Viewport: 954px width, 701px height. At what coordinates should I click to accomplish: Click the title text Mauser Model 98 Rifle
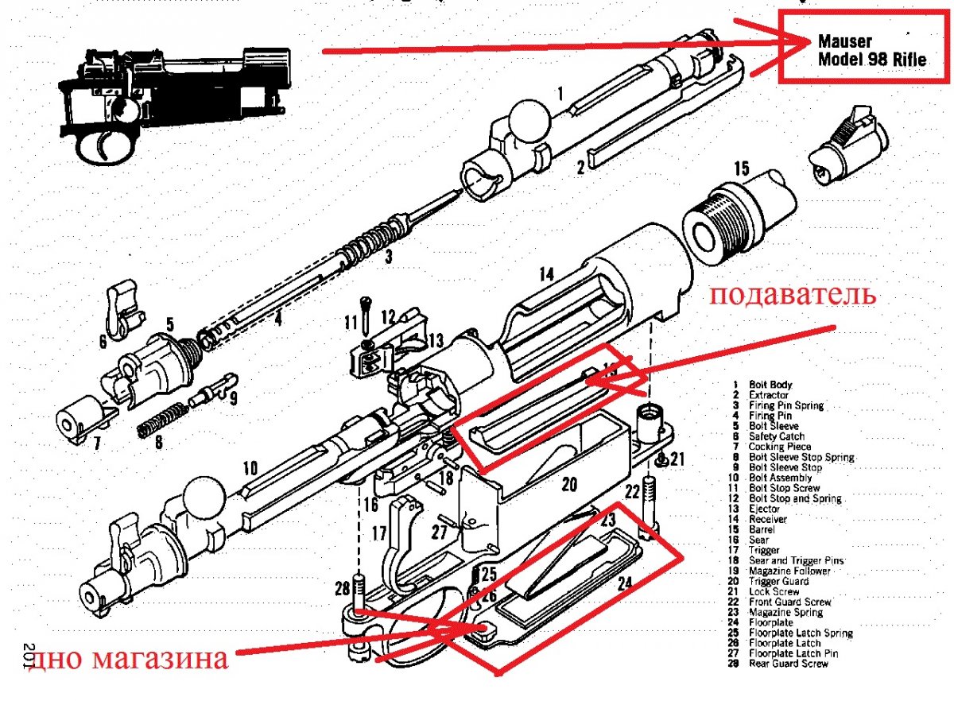pyautogui.click(x=871, y=49)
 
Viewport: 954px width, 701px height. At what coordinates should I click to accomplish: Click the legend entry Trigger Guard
pyautogui.click(x=779, y=581)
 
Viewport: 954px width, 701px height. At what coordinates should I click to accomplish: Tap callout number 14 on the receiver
pyautogui.click(x=545, y=275)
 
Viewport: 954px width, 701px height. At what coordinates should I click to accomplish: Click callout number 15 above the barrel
pyautogui.click(x=741, y=169)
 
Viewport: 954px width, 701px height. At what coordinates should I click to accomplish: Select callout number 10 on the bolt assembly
pyautogui.click(x=250, y=469)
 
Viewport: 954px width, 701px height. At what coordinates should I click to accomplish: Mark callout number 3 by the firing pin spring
pyautogui.click(x=388, y=257)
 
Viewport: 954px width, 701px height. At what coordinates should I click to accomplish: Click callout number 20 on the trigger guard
pyautogui.click(x=569, y=484)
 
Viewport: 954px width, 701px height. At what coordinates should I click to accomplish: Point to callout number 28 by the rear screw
pyautogui.click(x=342, y=588)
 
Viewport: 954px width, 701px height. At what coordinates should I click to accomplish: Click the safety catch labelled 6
pyautogui.click(x=118, y=303)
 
